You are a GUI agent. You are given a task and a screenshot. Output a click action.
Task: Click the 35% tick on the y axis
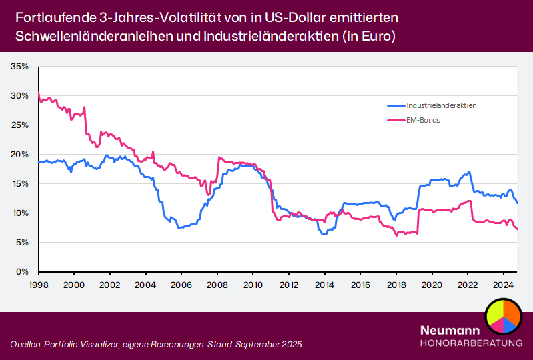tap(19, 67)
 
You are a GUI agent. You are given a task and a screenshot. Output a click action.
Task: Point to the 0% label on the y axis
tap(22, 272)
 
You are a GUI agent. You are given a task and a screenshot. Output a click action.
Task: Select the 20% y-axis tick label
tap(19, 155)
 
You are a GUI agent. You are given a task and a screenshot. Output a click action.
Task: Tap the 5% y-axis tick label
tap(21, 243)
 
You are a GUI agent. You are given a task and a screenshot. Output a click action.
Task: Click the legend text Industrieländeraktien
tap(442, 105)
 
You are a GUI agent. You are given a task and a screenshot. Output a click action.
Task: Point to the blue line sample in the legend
tap(396, 105)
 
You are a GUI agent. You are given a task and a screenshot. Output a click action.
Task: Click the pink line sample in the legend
tap(396, 120)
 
